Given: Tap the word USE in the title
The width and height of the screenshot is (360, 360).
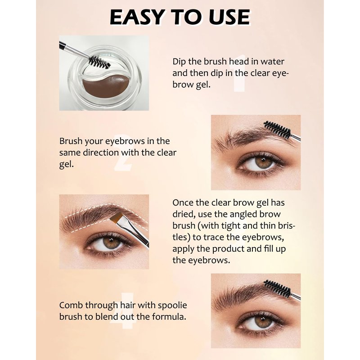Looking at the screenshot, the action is point(229,17).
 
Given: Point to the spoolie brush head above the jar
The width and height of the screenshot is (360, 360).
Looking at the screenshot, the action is point(99,62).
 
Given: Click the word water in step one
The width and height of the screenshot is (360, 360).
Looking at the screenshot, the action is point(272,62).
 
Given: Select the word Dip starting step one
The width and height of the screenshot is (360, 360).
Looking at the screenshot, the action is point(179,62).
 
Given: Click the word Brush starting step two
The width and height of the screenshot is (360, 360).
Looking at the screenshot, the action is point(71,141).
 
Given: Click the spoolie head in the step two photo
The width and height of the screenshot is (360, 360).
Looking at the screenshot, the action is point(277,130).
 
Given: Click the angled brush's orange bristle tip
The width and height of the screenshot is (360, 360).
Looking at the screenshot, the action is point(117,217).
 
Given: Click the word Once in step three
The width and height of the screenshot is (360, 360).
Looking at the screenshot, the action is point(183,203).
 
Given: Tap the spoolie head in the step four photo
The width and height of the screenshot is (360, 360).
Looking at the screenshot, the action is point(277,288).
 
